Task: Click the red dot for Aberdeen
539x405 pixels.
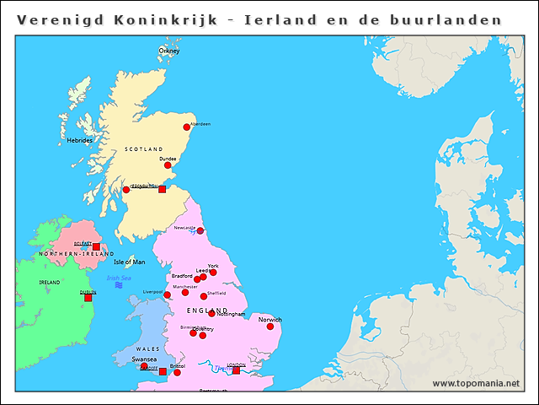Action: tap(186, 127)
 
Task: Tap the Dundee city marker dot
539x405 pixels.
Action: tap(168, 165)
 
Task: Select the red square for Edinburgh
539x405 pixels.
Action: tap(163, 189)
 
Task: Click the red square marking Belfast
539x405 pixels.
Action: tap(96, 246)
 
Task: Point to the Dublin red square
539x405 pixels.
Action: tap(88, 297)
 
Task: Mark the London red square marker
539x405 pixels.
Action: tap(236, 370)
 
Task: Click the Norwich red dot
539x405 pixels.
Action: tap(270, 327)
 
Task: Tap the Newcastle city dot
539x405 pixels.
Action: tap(200, 230)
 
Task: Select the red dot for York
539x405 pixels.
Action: tap(213, 273)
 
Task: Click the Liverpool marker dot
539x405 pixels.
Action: tap(168, 295)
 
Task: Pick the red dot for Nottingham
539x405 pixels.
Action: tap(211, 314)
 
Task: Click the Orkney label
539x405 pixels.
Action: tap(169, 51)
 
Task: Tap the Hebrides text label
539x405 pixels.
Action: tap(80, 140)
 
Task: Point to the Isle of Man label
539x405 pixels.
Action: tap(130, 262)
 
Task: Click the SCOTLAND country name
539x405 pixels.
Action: tap(143, 149)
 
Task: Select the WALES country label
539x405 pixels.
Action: tap(147, 348)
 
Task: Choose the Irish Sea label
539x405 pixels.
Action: tap(119, 278)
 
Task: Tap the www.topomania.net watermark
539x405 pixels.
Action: tap(476, 383)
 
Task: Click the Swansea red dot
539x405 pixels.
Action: tap(144, 367)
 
